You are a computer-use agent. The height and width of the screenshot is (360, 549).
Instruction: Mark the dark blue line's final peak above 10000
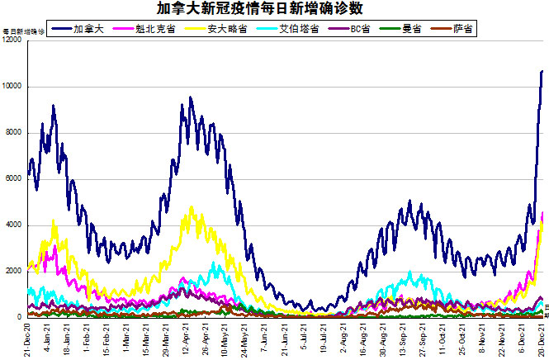(542, 72)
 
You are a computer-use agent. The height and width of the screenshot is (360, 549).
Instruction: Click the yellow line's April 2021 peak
(192, 208)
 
